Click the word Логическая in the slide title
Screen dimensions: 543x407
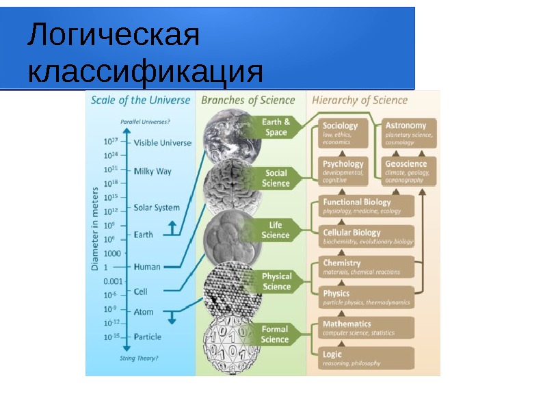pyautogui.click(x=114, y=36)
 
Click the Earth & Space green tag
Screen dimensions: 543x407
pyautogui.click(x=276, y=127)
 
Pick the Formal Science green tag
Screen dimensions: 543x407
pyautogui.click(x=275, y=334)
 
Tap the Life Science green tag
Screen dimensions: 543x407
pyautogui.click(x=275, y=230)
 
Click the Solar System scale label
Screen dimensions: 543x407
pyautogui.click(x=157, y=207)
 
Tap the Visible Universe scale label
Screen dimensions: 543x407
pyautogui.click(x=163, y=142)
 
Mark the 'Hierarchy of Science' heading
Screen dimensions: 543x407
pyautogui.click(x=360, y=100)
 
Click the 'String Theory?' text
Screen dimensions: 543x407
pyautogui.click(x=139, y=358)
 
